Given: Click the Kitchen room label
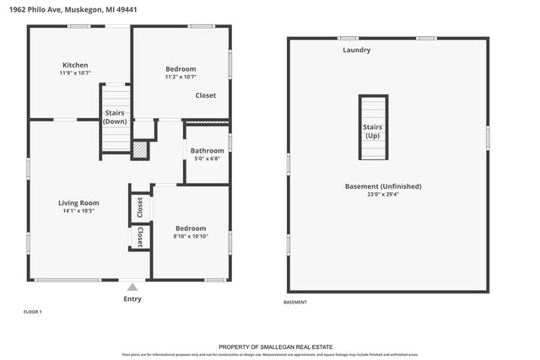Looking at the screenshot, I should click(x=75, y=65).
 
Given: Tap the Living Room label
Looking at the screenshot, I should click(x=78, y=202).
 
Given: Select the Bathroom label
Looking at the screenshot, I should click(x=207, y=151).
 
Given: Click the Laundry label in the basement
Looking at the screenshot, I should click(x=356, y=51).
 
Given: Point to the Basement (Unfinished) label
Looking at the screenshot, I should click(x=383, y=186).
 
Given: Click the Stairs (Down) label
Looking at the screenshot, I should click(x=115, y=117).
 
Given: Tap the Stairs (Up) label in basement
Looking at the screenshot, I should click(x=373, y=131).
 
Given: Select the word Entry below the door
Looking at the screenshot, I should click(x=132, y=299).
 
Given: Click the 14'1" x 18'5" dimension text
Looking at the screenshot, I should click(x=78, y=212).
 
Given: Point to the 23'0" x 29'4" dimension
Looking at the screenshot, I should click(x=383, y=195).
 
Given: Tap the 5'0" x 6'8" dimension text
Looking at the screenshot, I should click(x=207, y=159).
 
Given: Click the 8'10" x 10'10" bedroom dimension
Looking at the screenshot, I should click(x=191, y=237).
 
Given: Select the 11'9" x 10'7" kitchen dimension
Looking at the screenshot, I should click(x=75, y=73).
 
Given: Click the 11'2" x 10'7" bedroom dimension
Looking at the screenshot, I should click(x=181, y=78).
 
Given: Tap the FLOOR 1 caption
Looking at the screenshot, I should click(x=32, y=312).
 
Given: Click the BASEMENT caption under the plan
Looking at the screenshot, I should click(x=295, y=302).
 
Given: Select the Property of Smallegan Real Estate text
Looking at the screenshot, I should click(x=275, y=347).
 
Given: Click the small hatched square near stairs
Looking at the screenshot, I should click(x=139, y=149).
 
